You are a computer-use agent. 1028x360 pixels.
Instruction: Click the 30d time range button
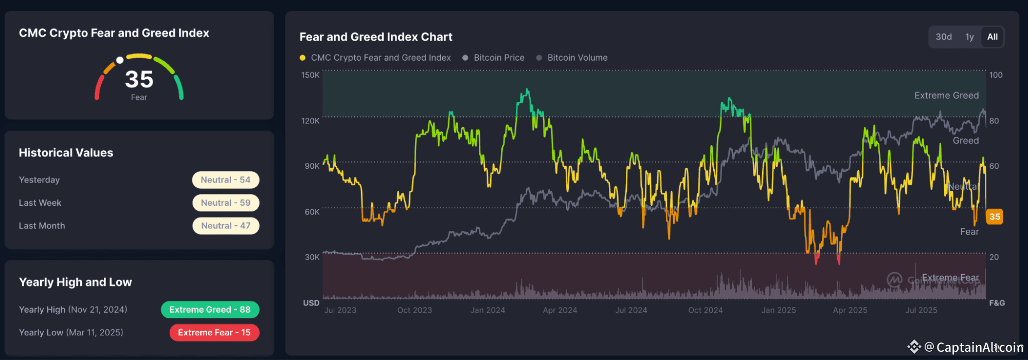coord(943,37)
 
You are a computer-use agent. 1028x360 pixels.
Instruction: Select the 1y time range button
coord(969,37)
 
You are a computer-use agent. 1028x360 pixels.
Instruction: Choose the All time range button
coord(992,37)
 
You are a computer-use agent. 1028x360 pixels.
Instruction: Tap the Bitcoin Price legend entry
coord(498,58)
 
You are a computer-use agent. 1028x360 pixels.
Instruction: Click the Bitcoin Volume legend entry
coord(577,58)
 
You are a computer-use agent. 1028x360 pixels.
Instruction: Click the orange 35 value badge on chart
coord(995,217)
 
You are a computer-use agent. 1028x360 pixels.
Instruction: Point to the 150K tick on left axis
coord(310,75)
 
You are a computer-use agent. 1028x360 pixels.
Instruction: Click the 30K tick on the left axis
coord(312,257)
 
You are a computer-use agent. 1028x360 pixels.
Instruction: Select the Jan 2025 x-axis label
coord(779,310)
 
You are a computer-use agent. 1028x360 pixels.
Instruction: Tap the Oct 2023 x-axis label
coord(414,310)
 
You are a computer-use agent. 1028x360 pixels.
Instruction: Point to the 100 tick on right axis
coord(996,75)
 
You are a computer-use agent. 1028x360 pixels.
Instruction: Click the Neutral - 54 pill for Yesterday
coord(225,180)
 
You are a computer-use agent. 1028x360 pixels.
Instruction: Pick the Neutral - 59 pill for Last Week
coord(225,203)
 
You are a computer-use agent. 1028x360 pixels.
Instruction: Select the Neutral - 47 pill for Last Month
coord(225,226)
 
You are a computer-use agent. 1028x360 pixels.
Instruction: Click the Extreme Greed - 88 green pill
coord(210,310)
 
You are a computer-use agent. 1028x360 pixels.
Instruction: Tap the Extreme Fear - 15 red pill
coord(214,333)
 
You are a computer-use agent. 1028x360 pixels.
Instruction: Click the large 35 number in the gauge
coord(139,80)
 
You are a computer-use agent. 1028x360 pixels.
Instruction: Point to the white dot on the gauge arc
coord(120,60)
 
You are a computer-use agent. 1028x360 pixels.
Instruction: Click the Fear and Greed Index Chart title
coord(376,37)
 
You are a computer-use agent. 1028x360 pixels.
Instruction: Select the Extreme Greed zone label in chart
coord(946,96)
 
